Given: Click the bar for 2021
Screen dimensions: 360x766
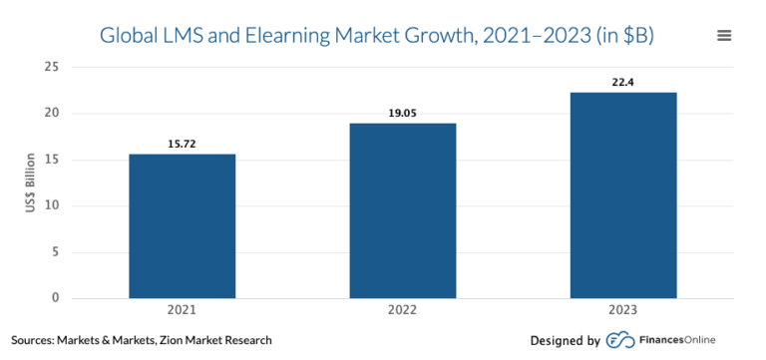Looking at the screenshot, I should tap(182, 225).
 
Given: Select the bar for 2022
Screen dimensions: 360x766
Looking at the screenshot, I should tap(402, 210).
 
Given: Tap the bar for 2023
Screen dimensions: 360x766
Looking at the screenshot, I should tap(622, 194).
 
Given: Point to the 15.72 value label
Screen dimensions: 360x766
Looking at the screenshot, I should tap(182, 145).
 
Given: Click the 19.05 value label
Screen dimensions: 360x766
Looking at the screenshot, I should tap(402, 114).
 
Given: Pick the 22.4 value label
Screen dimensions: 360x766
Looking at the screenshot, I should tap(622, 83).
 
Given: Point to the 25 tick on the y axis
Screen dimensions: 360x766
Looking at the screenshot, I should tap(51, 67).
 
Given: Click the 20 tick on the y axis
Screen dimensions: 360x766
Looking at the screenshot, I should tap(51, 114).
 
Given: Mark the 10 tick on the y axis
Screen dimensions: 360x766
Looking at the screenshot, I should tap(51, 205).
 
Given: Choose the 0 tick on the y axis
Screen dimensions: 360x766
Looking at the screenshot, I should tap(55, 298).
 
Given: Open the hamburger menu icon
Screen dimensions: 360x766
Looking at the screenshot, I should tap(724, 36).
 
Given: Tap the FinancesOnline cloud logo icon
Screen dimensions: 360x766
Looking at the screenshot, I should tap(620, 340).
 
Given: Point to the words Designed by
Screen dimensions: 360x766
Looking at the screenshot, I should tap(565, 340).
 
